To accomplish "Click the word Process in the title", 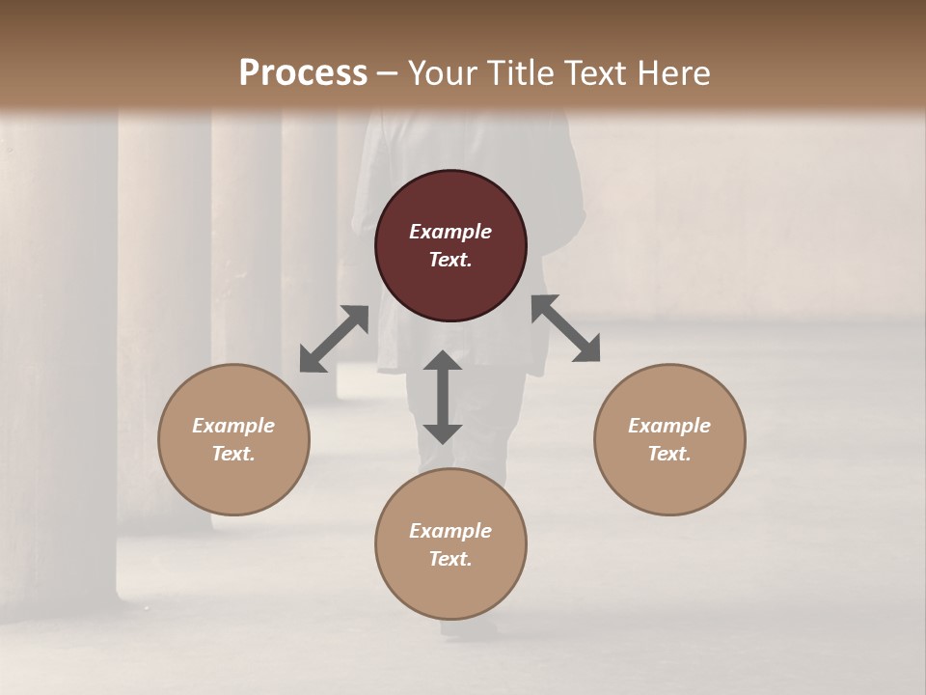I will tap(303, 73).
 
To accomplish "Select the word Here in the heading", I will tap(673, 73).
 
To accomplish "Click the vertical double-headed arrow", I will tap(443, 397).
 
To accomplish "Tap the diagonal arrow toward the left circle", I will tap(334, 339).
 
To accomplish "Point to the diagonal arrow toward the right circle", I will tap(566, 328).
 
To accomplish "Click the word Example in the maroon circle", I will tap(450, 232).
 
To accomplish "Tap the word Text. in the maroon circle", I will tap(450, 260).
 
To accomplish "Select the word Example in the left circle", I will tap(233, 426).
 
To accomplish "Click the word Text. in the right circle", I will tap(669, 454).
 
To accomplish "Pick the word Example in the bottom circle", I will tap(450, 531).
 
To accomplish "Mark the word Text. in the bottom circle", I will tap(450, 559).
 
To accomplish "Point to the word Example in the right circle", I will tap(669, 426).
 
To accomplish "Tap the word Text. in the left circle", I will tap(233, 454).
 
